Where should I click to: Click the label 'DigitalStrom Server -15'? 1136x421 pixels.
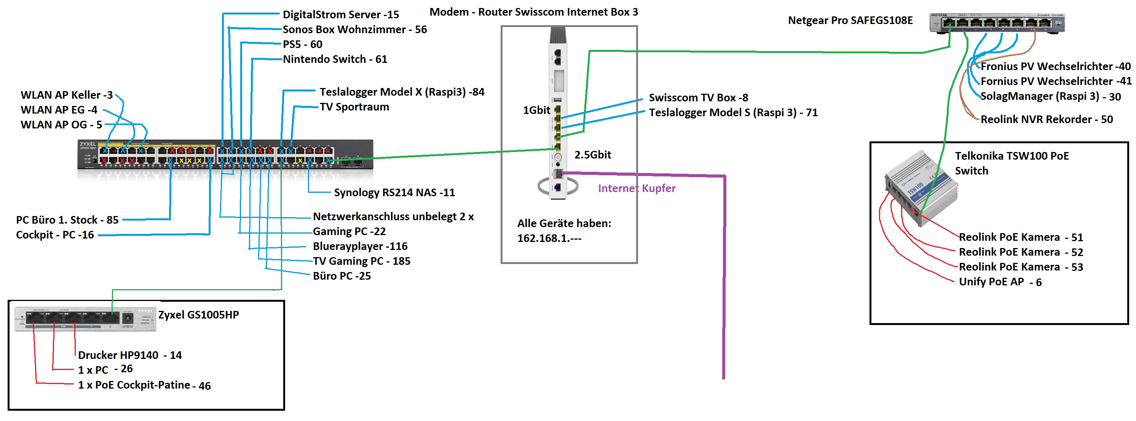tap(340, 14)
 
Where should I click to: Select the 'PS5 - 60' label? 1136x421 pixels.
tap(303, 44)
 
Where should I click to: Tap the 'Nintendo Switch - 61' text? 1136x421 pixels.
tap(335, 59)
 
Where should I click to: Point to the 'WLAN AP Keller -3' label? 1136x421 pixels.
tap(67, 95)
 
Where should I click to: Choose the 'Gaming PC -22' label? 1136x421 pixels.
tap(349, 231)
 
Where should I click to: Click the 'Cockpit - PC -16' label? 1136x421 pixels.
tap(55, 235)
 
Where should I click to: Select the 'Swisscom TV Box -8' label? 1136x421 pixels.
tap(698, 98)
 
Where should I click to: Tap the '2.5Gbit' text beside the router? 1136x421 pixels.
tap(592, 155)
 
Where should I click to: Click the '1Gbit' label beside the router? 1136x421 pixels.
tap(536, 110)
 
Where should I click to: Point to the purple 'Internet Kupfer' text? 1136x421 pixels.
tap(637, 189)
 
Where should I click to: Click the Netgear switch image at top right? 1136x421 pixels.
tap(997, 22)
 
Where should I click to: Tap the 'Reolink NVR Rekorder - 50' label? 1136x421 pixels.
tap(1046, 120)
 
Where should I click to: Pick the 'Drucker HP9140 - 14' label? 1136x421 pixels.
tap(130, 355)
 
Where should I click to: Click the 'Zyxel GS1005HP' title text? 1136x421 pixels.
tap(198, 315)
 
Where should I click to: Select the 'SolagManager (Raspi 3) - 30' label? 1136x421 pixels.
tap(1050, 96)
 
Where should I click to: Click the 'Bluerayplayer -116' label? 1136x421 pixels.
tap(360, 246)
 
